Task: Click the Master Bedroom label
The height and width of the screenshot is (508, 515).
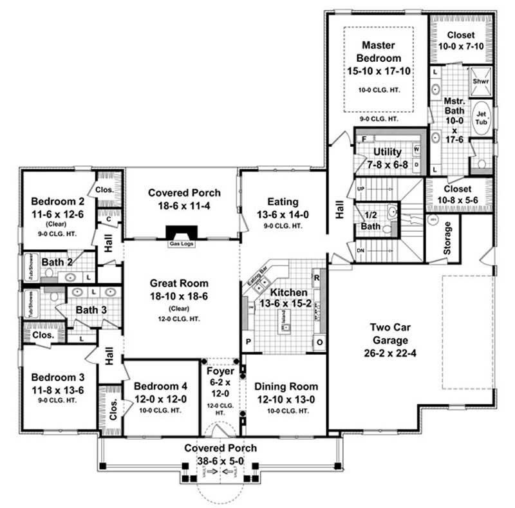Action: point(378,52)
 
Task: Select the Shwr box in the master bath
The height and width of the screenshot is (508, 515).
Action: point(480,82)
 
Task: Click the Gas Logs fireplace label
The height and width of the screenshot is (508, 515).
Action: point(177,245)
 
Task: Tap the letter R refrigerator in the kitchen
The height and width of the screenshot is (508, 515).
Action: point(316,278)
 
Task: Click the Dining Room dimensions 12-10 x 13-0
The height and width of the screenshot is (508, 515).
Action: point(286,399)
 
